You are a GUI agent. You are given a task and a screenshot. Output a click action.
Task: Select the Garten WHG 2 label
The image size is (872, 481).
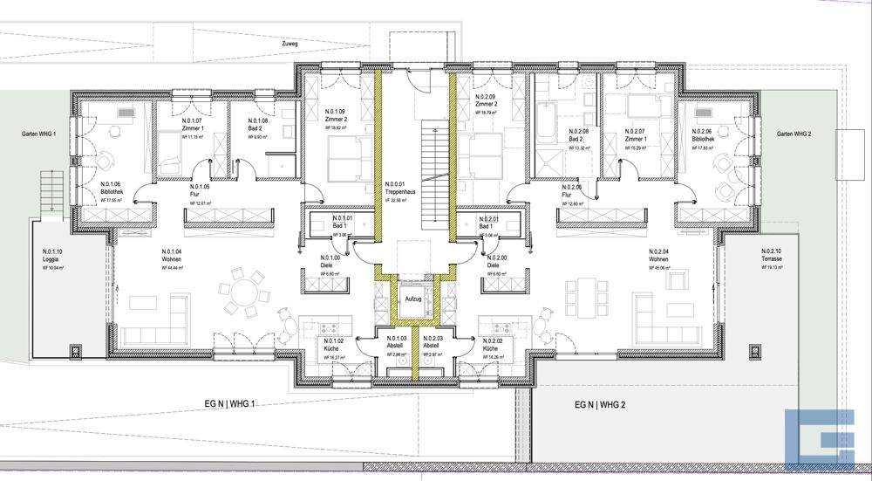click(x=794, y=134)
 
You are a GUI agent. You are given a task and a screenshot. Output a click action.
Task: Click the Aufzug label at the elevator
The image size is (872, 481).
click(x=412, y=299)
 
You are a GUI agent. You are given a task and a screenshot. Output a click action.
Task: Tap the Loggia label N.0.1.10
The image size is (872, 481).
click(x=53, y=259)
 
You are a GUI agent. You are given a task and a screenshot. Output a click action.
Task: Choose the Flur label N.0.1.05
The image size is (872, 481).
click(x=200, y=194)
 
